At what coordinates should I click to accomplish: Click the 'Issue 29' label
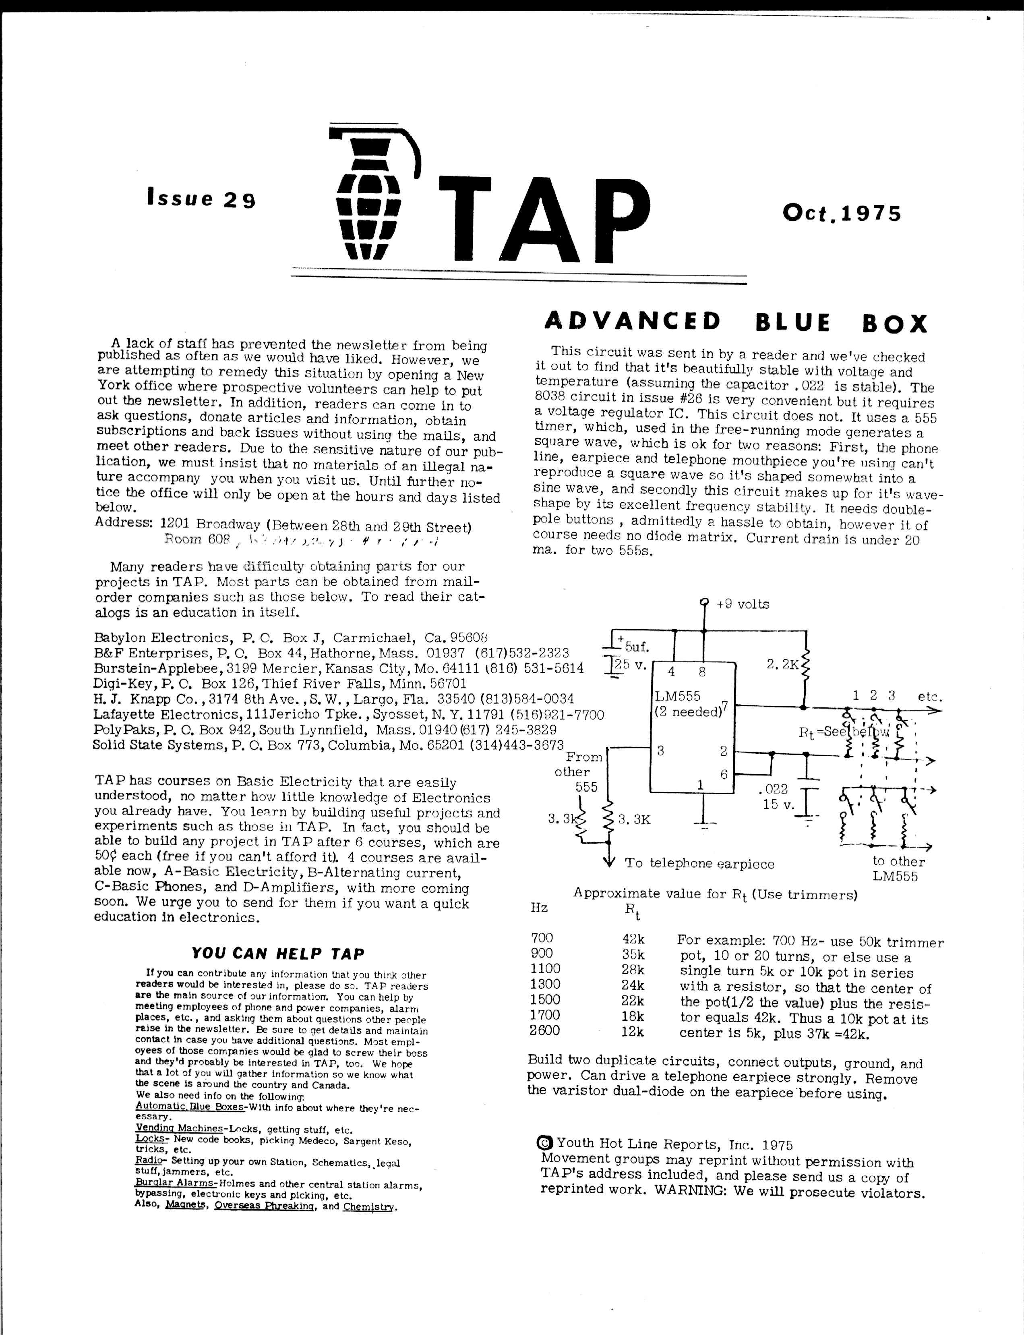201,199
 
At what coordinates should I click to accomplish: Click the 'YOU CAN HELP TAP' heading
277,954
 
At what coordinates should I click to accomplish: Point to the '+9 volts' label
743,604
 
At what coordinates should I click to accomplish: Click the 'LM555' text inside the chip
677,696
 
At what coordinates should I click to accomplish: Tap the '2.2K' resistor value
782,664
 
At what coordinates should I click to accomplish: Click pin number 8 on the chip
702,672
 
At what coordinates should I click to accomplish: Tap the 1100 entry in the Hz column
545,969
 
